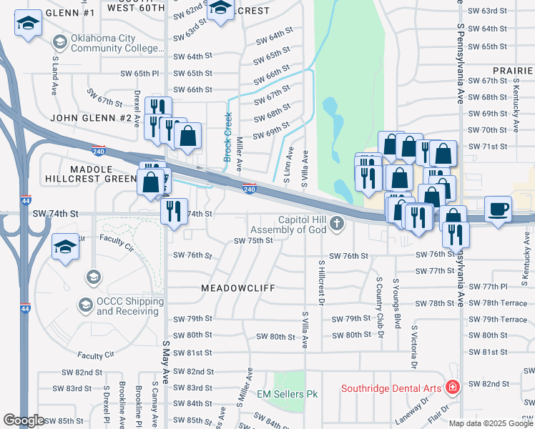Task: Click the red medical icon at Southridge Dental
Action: (452, 388)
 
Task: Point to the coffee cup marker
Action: (498, 209)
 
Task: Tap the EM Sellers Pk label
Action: (288, 394)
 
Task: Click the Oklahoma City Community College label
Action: (117, 43)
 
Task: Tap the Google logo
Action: (24, 420)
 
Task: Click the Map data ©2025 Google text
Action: (491, 423)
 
